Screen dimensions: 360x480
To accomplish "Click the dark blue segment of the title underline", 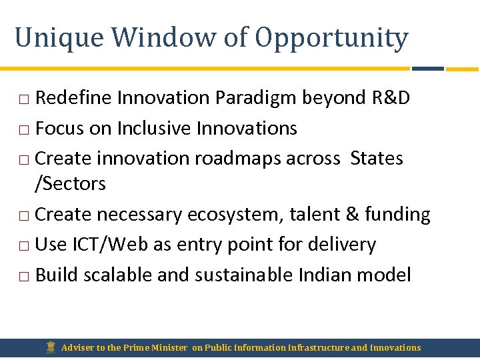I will click(x=428, y=69).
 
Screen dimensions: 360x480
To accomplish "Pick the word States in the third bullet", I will click(x=377, y=159).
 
